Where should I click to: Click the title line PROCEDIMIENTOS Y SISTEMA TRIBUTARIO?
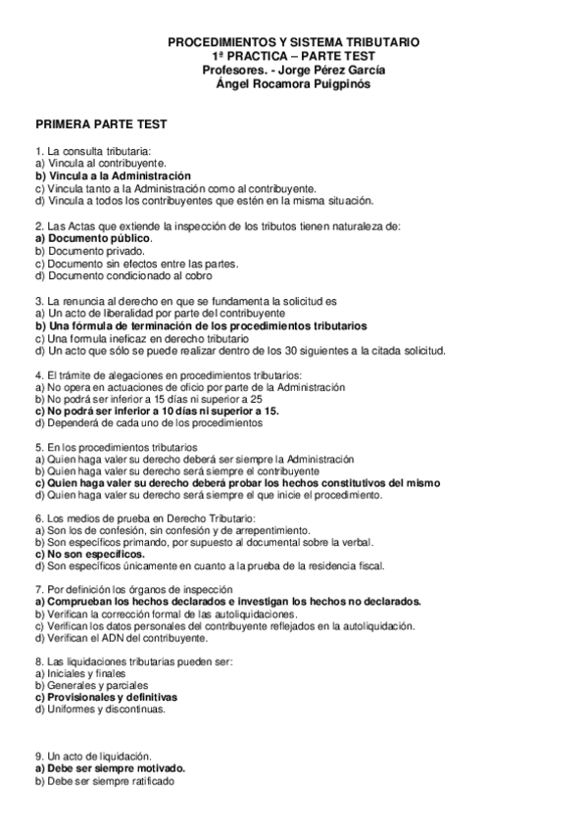tap(294, 44)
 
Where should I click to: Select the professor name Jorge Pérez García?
tap(326, 70)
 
